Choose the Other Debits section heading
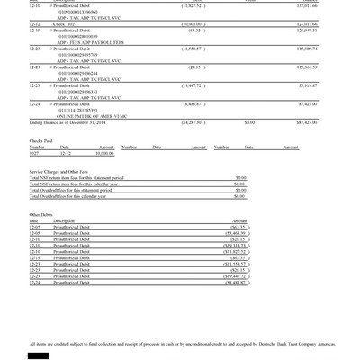(41, 214)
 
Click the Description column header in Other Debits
(64, 220)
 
